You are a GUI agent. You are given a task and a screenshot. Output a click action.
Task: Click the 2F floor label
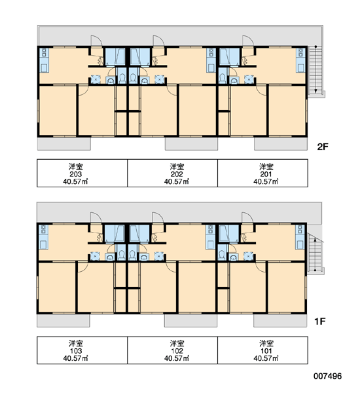coord(323,147)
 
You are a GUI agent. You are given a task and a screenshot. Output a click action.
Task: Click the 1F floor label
coord(320,321)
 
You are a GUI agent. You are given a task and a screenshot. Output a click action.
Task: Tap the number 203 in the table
coord(76,174)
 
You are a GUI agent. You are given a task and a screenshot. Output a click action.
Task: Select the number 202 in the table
coord(177,174)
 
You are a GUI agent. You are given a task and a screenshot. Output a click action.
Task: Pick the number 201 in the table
coord(266,174)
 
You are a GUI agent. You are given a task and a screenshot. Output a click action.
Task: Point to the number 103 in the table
coord(76,351)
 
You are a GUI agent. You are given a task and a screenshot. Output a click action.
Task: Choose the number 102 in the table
coord(177,351)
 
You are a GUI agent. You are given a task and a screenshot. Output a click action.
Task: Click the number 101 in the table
coord(266,351)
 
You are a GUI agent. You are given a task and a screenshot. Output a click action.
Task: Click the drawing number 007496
coord(327,376)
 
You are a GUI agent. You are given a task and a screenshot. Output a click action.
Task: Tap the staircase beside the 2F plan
coord(315,69)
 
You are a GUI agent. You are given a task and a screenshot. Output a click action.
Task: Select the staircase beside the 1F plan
coord(315,253)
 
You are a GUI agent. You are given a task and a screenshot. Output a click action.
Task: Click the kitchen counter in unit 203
coord(44,60)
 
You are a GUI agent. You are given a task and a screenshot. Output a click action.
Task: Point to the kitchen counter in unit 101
coord(300,237)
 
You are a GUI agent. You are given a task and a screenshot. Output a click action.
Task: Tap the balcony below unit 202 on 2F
coord(191,144)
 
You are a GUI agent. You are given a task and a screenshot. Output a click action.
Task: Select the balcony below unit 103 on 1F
coord(63,320)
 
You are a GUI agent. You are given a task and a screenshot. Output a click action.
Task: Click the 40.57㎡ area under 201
coord(266,181)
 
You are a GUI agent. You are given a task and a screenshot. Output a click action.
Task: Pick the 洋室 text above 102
coord(177,343)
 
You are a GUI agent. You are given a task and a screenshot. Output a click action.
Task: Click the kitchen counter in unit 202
coord(211,60)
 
